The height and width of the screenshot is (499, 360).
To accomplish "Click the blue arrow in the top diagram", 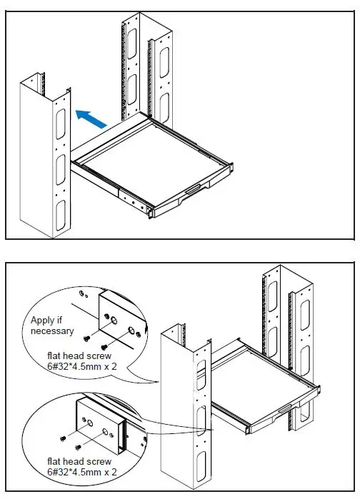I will (x=91, y=118).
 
